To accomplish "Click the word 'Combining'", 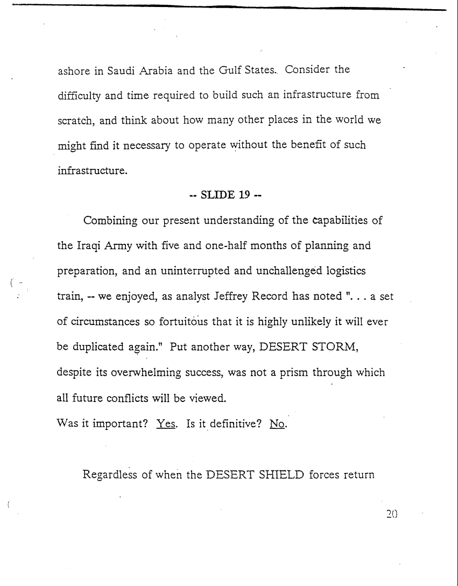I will click(x=110, y=221).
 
